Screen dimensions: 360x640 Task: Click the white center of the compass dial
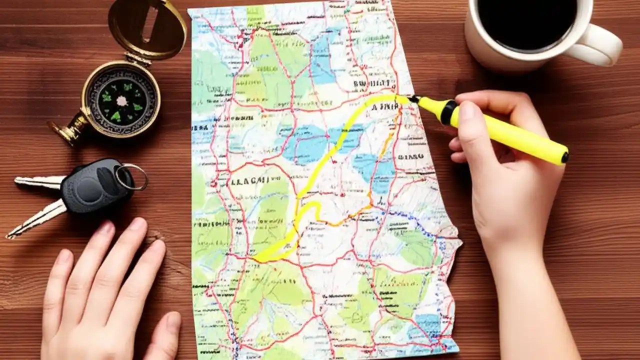(x=121, y=100)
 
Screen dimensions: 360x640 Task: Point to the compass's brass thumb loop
(x=67, y=131)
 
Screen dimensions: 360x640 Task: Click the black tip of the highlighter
(x=414, y=99)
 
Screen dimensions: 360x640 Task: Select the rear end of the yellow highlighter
(x=563, y=157)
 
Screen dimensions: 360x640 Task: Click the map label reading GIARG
(x=411, y=156)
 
